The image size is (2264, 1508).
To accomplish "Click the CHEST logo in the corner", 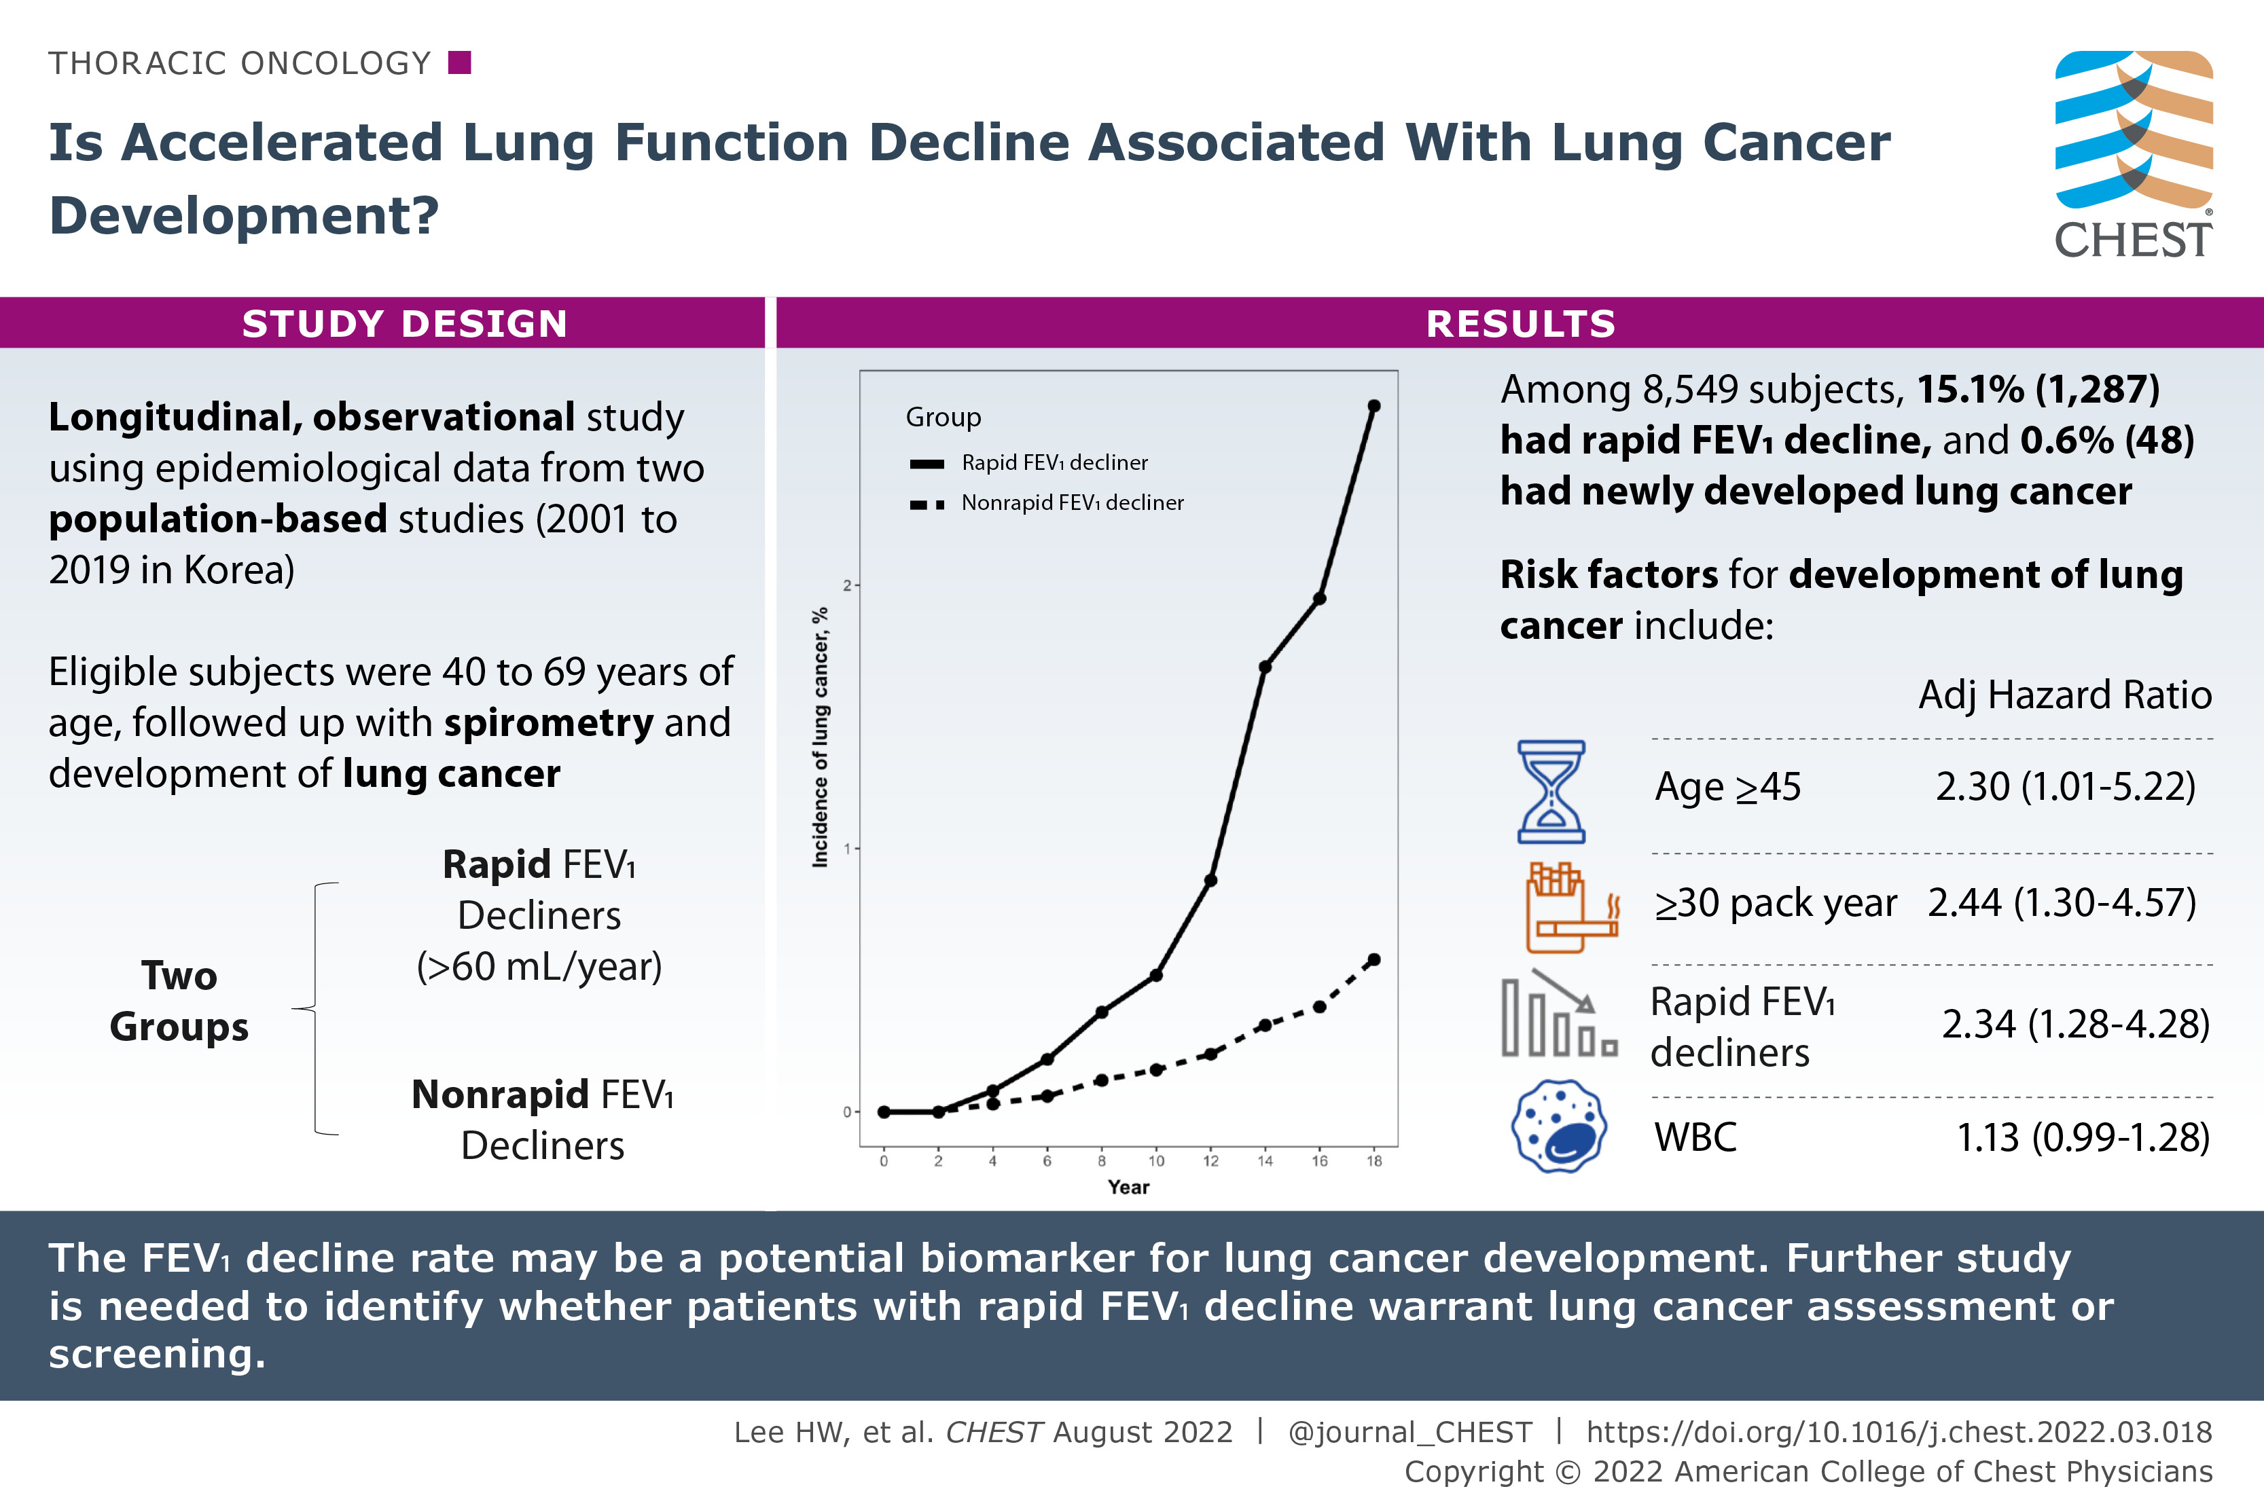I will (2133, 154).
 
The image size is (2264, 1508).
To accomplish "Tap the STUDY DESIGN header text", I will (404, 324).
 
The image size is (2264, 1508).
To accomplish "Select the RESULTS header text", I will (1520, 324).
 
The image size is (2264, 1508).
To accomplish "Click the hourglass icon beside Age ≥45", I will (1551, 792).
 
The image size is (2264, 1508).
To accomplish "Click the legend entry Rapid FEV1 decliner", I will (1054, 462).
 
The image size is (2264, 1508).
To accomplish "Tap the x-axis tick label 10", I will (1155, 1162).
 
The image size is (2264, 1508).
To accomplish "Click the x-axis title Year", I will (1128, 1188).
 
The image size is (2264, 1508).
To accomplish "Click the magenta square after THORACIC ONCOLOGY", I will (460, 63).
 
